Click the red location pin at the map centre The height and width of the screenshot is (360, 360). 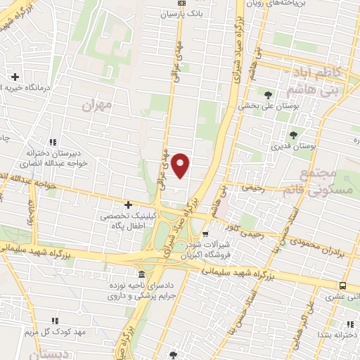point(181,165)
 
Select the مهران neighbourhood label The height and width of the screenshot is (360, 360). point(96,107)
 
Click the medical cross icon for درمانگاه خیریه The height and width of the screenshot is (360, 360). point(15,76)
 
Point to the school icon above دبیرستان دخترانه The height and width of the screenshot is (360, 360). point(54,141)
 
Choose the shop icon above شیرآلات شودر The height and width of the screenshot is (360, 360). point(205,235)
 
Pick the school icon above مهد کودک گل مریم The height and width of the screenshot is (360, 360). point(55,320)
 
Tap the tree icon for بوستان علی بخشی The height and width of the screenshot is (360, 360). point(267,94)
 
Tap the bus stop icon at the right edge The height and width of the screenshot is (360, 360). point(342,285)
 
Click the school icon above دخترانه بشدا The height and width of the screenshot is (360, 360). point(349,323)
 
